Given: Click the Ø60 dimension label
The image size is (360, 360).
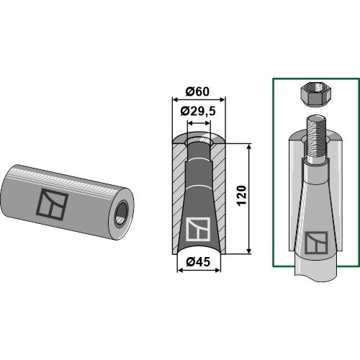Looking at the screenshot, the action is [197, 91].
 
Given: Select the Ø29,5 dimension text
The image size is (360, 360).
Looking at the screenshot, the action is [198, 112].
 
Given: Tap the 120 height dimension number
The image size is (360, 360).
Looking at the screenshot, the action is [242, 195].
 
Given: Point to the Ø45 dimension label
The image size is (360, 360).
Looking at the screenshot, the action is [198, 262].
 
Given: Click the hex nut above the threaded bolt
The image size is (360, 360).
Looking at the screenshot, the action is [315, 94].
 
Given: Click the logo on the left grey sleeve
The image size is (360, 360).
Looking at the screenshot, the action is [52, 204].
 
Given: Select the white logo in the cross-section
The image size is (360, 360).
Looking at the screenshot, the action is [199, 229].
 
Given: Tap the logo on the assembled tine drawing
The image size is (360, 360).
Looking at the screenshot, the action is [316, 243].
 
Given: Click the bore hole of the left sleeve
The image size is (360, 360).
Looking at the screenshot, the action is [122, 214].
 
